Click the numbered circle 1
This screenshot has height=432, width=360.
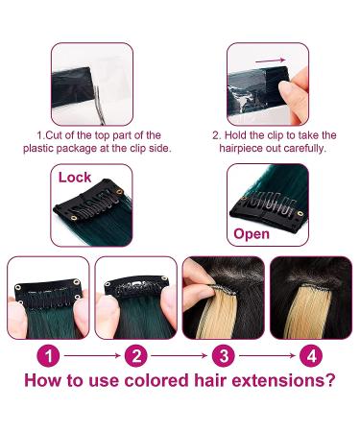[x=52, y=356]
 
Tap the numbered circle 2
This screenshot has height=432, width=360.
[x=137, y=356]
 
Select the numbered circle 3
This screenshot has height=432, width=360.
[x=223, y=356]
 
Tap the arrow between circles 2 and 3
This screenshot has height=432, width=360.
[x=180, y=356]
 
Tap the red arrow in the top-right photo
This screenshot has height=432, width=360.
[x=272, y=60]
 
